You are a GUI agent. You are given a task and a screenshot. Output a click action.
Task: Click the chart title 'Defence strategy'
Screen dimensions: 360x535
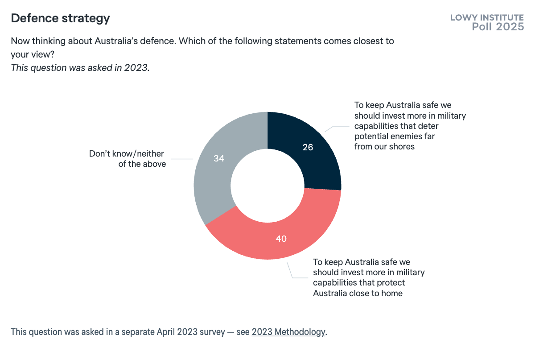coord(60,18)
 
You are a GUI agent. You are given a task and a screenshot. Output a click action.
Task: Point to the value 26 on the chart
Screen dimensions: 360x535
coord(308,147)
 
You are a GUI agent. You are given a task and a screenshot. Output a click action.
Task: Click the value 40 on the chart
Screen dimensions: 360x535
coord(281,239)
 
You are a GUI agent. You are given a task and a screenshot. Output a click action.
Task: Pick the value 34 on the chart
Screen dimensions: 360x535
coord(218,158)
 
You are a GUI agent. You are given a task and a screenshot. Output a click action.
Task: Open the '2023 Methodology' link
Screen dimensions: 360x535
coord(288,332)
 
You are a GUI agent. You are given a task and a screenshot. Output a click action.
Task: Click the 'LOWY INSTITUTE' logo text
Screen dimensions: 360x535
coord(487,18)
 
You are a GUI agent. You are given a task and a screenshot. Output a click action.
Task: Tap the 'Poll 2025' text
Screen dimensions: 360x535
coord(498,27)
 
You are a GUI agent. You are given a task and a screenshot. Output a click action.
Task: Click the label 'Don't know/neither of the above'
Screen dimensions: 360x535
coord(128,159)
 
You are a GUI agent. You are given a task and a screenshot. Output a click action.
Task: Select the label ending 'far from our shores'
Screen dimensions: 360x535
coord(409,125)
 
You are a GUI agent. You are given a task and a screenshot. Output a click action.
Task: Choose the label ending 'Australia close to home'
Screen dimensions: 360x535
coord(368,277)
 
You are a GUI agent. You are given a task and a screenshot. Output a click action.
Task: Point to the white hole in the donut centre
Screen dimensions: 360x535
coord(267,185)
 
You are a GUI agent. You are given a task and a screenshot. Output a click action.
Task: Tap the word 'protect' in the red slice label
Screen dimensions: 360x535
coord(392,283)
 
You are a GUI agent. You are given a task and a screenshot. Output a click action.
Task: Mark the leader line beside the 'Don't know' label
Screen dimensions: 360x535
coord(181,159)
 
